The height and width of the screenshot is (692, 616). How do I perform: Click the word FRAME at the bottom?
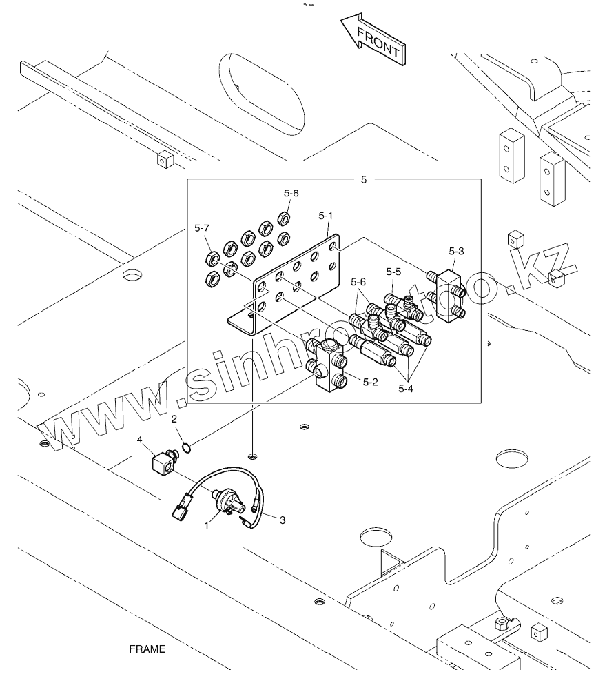pyautogui.click(x=147, y=649)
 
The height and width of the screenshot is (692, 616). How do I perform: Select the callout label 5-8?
pyautogui.click(x=291, y=194)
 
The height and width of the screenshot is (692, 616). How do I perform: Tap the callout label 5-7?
pyautogui.click(x=203, y=227)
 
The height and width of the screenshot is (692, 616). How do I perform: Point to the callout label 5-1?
pyautogui.click(x=326, y=216)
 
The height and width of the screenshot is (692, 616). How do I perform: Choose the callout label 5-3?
pyautogui.click(x=456, y=252)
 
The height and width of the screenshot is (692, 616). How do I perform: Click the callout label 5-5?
pyautogui.click(x=393, y=272)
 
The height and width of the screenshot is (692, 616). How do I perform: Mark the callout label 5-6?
pyautogui.click(x=358, y=281)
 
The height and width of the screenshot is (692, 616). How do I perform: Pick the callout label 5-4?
pyautogui.click(x=407, y=388)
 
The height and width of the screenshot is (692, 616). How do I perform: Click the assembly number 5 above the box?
pyautogui.click(x=364, y=180)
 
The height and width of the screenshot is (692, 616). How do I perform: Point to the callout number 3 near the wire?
pyautogui.click(x=282, y=521)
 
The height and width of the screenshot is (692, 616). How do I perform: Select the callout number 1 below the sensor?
pyautogui.click(x=205, y=525)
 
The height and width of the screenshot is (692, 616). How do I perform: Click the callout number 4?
pyautogui.click(x=139, y=439)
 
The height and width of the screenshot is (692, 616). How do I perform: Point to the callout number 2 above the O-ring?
pyautogui.click(x=174, y=418)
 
